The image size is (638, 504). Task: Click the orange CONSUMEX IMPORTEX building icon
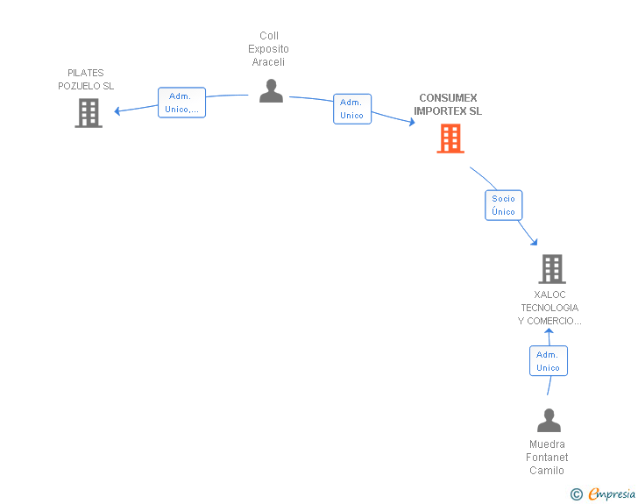pos(450,138)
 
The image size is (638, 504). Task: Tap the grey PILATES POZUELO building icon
pos(89,113)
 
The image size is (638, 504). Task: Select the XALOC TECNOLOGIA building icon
pos(551,269)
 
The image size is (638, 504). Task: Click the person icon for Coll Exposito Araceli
pos(271,91)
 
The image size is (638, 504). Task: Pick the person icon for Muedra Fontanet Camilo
pos(549,421)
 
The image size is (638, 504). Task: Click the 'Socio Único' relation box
pos(504,205)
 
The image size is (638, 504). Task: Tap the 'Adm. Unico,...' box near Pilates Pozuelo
pos(181,103)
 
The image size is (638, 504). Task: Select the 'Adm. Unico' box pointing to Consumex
pos(351,109)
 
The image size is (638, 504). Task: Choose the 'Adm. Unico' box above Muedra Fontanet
pos(548,361)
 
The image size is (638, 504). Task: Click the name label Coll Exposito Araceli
pos(268,49)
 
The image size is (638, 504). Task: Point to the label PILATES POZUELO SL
pos(86,80)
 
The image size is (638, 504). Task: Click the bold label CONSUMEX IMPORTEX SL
pos(448,105)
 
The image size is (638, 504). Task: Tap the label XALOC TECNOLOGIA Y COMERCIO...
pos(549,308)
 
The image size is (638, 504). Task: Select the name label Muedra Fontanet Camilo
pos(548,458)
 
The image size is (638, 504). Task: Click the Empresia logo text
pos(613,493)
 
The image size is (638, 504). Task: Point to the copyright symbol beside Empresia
pos(576,494)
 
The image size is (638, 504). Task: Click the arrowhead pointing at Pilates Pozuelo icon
pos(117,110)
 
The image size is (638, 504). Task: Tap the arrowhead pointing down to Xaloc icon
pos(533,242)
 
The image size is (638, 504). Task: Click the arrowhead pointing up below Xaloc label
pos(549,331)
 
